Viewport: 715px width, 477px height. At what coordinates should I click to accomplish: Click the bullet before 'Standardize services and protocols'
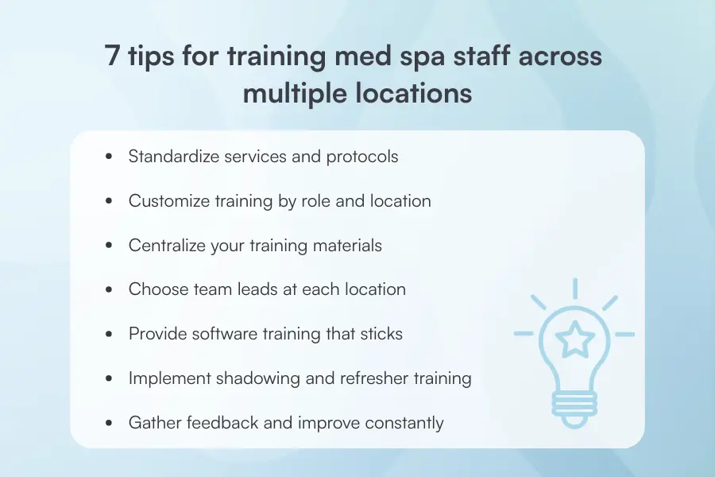(x=109, y=157)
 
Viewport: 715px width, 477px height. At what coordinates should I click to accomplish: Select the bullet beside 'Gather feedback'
(x=109, y=424)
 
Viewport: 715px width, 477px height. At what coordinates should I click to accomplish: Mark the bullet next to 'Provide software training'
(x=109, y=335)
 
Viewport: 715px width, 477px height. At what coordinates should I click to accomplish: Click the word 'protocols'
(x=362, y=156)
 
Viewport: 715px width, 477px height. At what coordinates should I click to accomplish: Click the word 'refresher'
(x=367, y=378)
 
